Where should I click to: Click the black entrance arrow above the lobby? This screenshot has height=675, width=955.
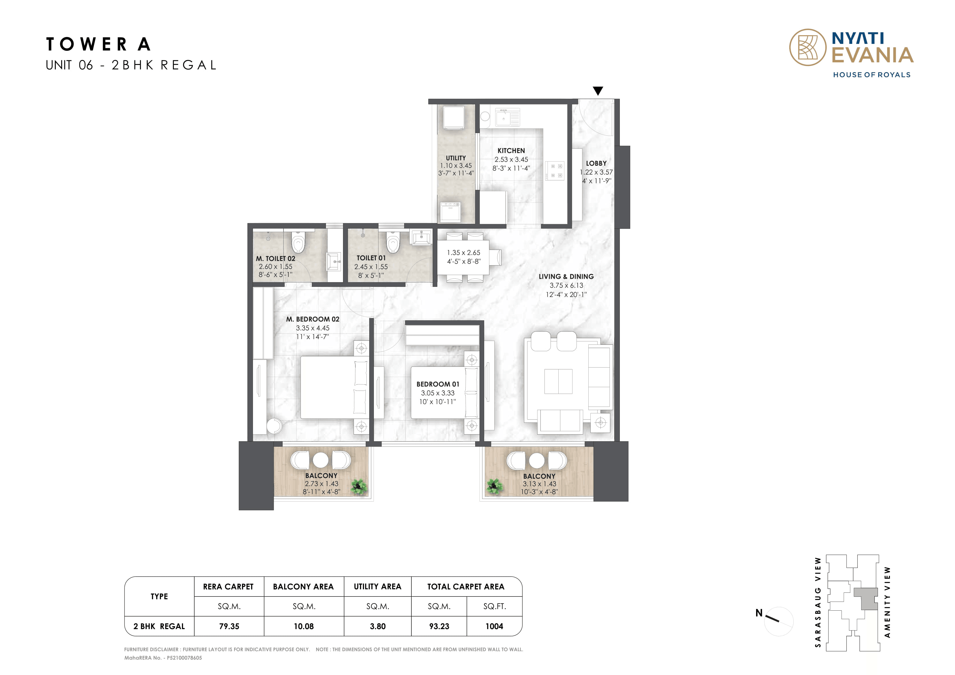pos(598,91)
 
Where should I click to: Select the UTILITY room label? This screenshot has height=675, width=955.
pos(456,158)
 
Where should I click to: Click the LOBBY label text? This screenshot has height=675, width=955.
pos(596,163)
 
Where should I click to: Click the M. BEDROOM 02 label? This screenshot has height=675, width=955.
pos(312,319)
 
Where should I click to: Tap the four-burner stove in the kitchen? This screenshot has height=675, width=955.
pos(555,171)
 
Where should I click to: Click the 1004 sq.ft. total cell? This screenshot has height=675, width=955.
pos(494,626)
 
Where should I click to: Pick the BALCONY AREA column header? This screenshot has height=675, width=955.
pos(303,587)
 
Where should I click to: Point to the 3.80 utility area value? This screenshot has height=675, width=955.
pos(377,626)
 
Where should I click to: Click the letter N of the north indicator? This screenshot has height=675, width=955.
pos(759,613)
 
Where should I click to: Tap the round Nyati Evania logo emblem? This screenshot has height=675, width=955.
pos(807,47)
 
